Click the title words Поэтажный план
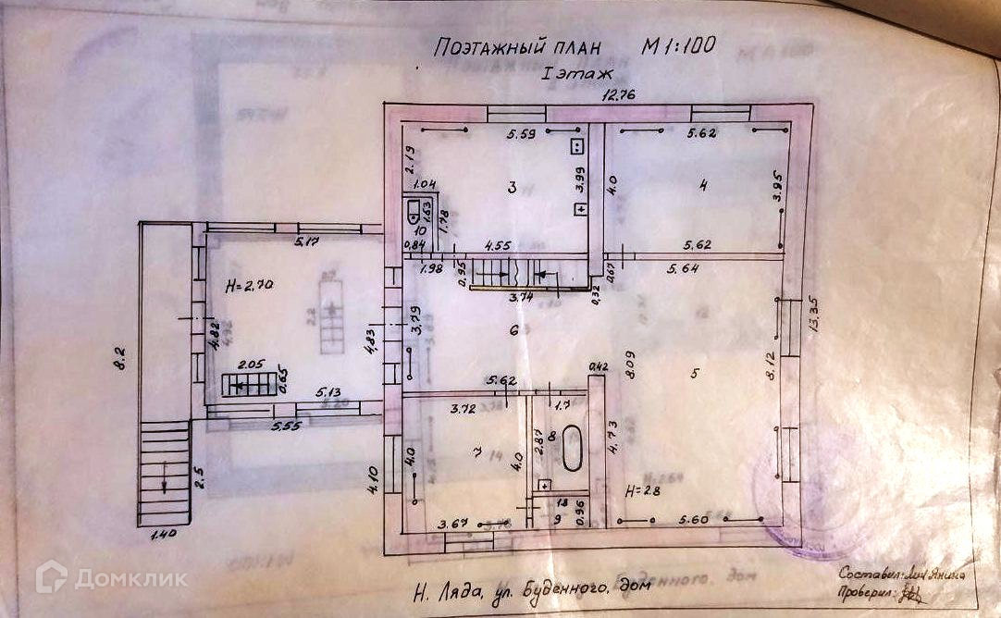[517, 46]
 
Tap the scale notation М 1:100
[679, 44]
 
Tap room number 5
[693, 375]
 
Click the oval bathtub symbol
[572, 450]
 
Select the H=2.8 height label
[642, 489]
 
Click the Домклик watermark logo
[111, 578]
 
